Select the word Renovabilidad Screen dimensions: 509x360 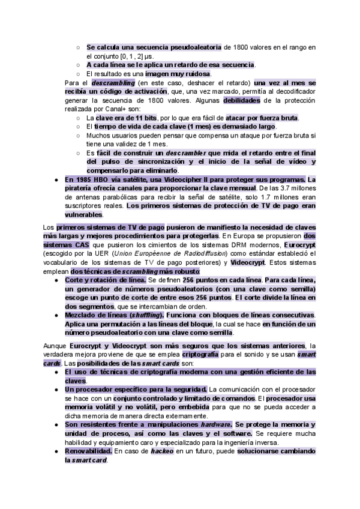pyautogui.click(x=88, y=450)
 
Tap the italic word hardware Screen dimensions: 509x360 pyautogui.click(x=214, y=424)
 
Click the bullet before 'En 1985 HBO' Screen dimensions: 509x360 pyautogui.click(x=56, y=179)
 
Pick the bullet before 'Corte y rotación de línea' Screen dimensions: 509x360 pyautogui.click(x=56, y=280)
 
